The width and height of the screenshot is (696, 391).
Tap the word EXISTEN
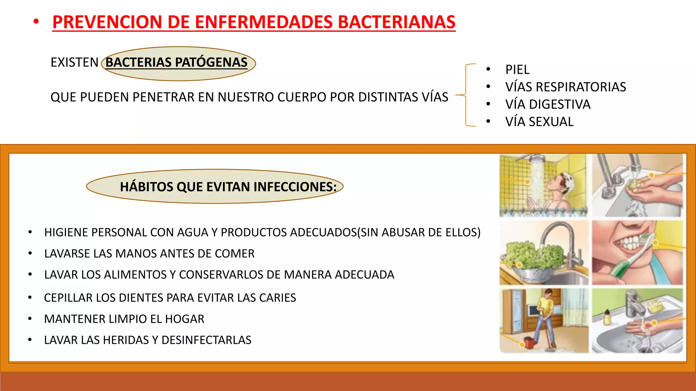74,62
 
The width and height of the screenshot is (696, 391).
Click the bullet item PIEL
517,70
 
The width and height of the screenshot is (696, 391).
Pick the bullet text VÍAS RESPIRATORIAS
565,87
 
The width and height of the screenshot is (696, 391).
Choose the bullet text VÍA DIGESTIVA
547,104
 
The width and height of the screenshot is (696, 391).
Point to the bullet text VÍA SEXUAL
539,122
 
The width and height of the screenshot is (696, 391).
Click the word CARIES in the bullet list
277,298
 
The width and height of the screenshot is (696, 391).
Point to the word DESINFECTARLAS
206,340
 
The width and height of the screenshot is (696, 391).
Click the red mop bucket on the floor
528,343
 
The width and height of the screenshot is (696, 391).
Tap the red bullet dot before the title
36,22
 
